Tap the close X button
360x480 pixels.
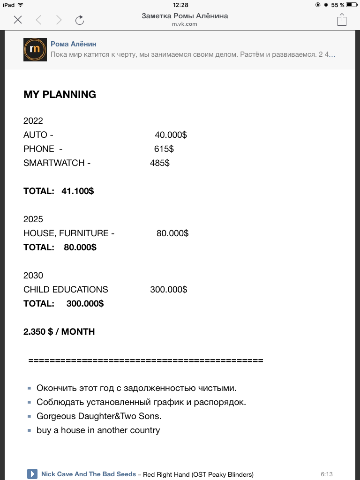pyautogui.click(x=18, y=20)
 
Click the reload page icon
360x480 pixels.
pyautogui.click(x=80, y=20)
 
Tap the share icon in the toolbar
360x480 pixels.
pyautogui.click(x=342, y=20)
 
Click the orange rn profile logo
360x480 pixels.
pyautogui.click(x=35, y=50)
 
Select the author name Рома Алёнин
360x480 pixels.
pyautogui.click(x=74, y=44)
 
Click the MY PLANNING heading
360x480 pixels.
pyautogui.click(x=60, y=94)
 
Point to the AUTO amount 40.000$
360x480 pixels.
pyautogui.click(x=171, y=135)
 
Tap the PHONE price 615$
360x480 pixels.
pyautogui.click(x=164, y=149)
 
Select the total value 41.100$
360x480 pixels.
pyautogui.click(x=77, y=191)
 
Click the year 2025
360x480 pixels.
pyautogui.click(x=33, y=219)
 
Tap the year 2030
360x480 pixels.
pyautogui.click(x=33, y=276)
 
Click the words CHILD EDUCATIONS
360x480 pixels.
pyautogui.click(x=66, y=290)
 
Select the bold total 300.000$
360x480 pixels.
pyautogui.click(x=85, y=304)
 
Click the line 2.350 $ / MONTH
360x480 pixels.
pyautogui.click(x=59, y=332)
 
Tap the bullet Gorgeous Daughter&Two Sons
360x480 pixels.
pyautogui.click(x=99, y=416)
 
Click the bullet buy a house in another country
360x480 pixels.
pyautogui.click(x=98, y=430)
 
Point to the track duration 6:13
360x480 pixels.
pyautogui.click(x=327, y=474)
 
